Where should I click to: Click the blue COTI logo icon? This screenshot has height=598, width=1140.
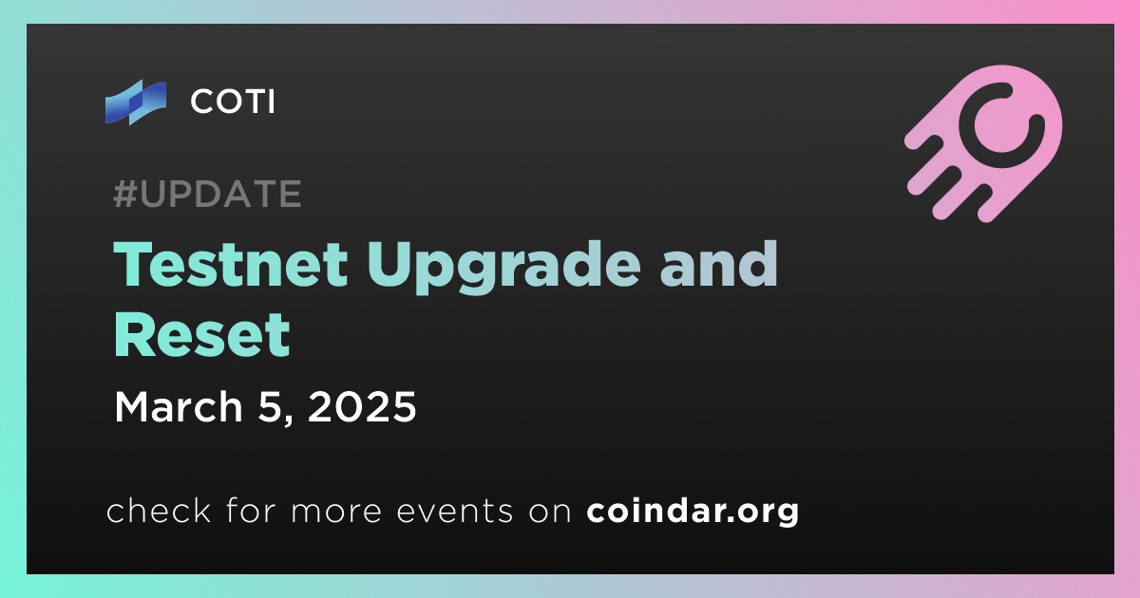[x=135, y=103]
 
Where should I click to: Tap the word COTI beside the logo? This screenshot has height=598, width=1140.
[x=233, y=102]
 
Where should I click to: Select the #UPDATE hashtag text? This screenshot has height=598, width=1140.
[x=208, y=194]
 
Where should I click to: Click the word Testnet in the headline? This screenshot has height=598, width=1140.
[x=231, y=265]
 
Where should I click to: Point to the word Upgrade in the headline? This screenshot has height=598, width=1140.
[x=503, y=267]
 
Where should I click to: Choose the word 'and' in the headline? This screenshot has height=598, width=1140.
[x=718, y=265]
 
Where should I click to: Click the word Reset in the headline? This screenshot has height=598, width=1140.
[x=202, y=335]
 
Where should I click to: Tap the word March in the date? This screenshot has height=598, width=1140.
[x=179, y=407]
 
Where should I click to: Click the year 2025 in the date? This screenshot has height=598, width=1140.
[x=362, y=407]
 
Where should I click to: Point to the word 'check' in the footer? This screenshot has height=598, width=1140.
[x=159, y=510]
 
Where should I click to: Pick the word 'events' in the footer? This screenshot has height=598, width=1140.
[x=454, y=511]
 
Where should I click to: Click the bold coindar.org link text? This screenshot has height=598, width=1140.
[x=693, y=511]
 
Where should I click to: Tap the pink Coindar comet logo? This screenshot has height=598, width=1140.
[x=984, y=143]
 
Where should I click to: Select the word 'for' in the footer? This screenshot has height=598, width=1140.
[x=251, y=510]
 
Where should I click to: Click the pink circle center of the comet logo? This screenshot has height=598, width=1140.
[x=1001, y=124]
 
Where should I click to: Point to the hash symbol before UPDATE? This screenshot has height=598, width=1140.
[x=125, y=194]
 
